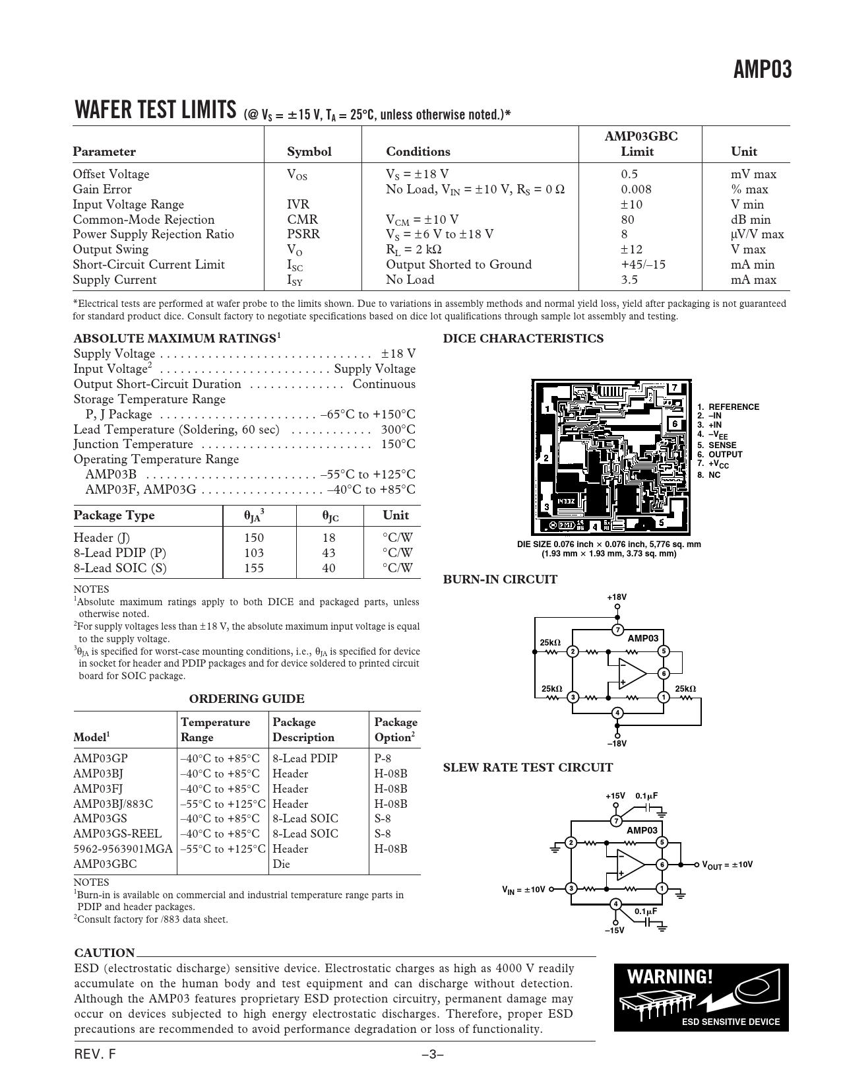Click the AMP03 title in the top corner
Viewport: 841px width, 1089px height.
coord(763,69)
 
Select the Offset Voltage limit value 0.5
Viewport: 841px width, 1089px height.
coord(629,174)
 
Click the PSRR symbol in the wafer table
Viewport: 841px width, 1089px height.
coord(303,234)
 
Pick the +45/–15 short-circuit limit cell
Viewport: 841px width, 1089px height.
coord(643,265)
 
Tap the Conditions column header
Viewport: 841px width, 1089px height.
coord(418,152)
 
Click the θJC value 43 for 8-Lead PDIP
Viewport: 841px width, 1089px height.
coord(328,553)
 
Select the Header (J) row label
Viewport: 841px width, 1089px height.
coord(102,538)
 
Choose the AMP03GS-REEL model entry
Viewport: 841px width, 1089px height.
coord(117,834)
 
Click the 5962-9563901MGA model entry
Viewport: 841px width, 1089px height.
coord(123,849)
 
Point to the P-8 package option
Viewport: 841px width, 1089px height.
coord(383,758)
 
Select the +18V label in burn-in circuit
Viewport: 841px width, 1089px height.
coord(617,597)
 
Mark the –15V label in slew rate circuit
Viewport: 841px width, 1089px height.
coord(614,931)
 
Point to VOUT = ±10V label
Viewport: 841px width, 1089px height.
coord(727,865)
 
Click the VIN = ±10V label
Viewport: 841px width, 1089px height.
coord(524,889)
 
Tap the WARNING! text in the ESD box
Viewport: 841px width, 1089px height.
coord(670,977)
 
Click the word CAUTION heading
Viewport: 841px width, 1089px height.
coord(104,953)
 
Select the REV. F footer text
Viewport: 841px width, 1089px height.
coord(95,1055)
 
